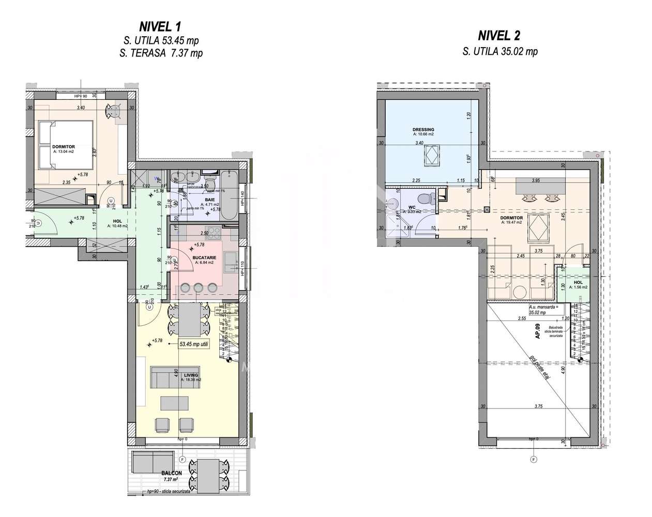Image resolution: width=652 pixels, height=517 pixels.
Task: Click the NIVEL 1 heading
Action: (x=160, y=26)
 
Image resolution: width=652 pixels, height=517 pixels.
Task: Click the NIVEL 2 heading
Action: (x=499, y=36)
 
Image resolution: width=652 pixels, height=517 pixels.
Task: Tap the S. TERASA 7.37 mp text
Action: (x=167, y=53)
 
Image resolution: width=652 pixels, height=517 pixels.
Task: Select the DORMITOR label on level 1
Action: (x=64, y=147)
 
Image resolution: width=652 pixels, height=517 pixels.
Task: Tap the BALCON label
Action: (x=171, y=473)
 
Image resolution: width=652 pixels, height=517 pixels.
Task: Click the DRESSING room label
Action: (x=423, y=130)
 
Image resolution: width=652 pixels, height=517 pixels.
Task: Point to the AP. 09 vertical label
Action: (x=538, y=330)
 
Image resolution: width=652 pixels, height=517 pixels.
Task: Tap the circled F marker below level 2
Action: (x=533, y=459)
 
